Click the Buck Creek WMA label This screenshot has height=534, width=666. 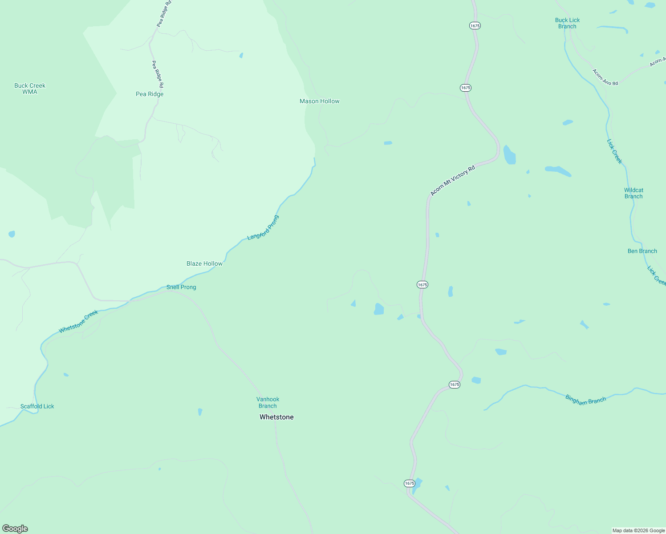(30, 89)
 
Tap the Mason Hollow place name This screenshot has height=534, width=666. (319, 101)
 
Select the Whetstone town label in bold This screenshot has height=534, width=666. (276, 417)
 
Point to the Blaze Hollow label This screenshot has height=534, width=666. (204, 263)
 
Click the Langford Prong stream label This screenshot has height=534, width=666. (263, 228)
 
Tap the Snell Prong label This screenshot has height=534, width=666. (181, 287)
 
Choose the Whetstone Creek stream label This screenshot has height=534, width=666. (78, 322)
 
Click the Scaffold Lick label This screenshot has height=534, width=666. (37, 406)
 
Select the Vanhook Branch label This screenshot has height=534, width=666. (268, 403)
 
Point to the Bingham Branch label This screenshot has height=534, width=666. (585, 400)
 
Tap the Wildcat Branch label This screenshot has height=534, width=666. (634, 193)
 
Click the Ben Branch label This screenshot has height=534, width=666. (642, 251)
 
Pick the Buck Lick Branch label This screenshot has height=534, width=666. (567, 23)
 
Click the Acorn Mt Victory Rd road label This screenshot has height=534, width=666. (453, 180)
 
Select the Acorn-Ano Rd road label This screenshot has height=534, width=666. (605, 77)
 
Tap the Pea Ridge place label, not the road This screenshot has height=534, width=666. (150, 94)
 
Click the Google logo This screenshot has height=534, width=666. (15, 529)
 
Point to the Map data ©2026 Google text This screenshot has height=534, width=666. (638, 530)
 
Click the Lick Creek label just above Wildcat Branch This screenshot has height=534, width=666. (614, 151)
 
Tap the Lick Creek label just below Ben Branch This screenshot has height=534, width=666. (656, 275)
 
